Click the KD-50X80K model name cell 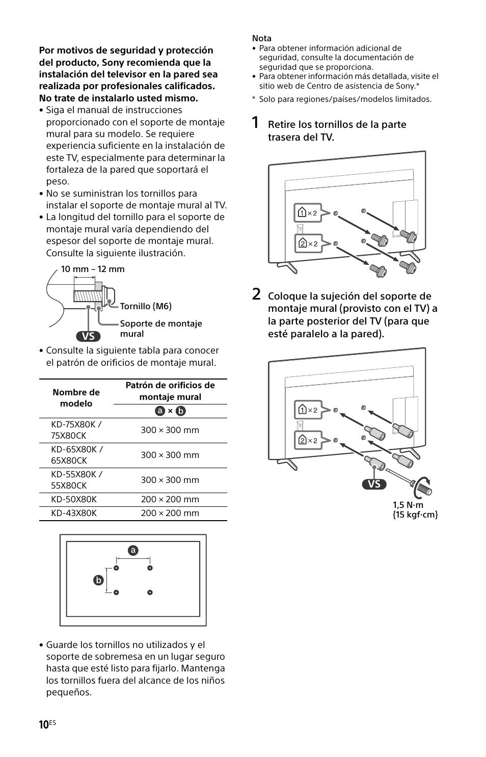(x=74, y=499)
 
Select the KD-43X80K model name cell (x=74, y=513)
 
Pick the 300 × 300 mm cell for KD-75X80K (x=170, y=430)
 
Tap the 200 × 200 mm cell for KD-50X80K (x=170, y=499)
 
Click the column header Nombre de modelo (x=76, y=398)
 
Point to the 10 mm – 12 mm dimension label (x=93, y=269)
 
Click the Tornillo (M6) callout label (x=146, y=306)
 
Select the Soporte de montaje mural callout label (x=160, y=329)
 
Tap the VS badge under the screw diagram (x=88, y=336)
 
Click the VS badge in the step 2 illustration (x=374, y=484)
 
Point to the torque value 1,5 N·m (x=408, y=504)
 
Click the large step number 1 (x=256, y=123)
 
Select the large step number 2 (x=257, y=294)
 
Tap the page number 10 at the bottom (x=44, y=724)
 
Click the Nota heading (x=262, y=38)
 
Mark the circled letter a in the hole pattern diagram (x=133, y=551)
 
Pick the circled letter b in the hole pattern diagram (x=98, y=580)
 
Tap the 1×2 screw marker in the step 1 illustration (x=308, y=213)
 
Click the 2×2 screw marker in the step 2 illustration (x=308, y=440)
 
